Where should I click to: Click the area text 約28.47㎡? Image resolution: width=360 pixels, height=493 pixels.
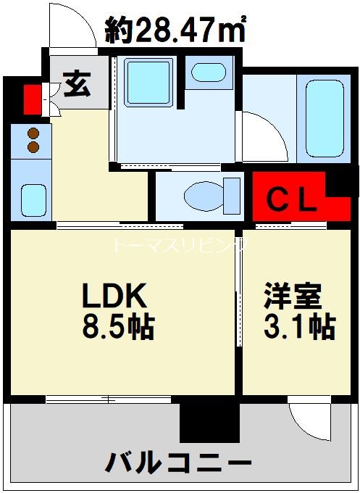(175, 30)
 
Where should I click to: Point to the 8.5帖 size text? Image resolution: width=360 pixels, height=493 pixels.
(117, 328)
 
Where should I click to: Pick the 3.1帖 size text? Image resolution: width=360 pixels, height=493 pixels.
(297, 328)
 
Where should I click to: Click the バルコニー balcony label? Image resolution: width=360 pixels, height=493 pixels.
(180, 461)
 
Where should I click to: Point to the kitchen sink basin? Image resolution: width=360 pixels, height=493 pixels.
(31, 197)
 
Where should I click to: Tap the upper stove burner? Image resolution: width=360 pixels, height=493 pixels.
(32, 133)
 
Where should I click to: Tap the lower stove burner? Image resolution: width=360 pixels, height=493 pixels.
(32, 147)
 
